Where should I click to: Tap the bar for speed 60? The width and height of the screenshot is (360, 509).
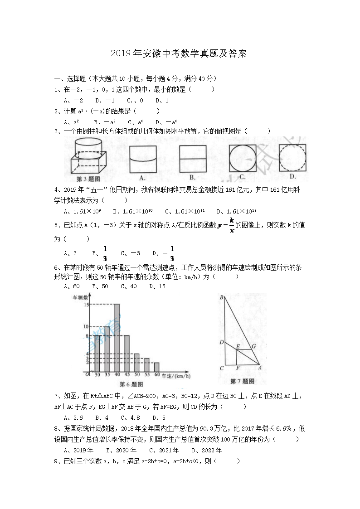click(156, 367)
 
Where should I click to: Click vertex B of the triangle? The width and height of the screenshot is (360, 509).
click(221, 297)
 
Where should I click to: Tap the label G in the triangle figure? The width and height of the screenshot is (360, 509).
click(254, 346)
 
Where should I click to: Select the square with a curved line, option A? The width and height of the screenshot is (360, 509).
click(143, 159)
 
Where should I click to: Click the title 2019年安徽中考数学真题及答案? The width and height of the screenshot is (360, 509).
click(180, 54)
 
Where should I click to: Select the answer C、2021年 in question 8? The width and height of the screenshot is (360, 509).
click(164, 450)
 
